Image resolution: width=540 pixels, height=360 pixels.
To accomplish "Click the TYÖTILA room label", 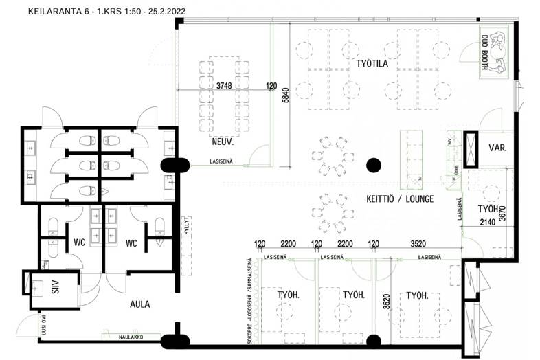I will (x=373, y=64).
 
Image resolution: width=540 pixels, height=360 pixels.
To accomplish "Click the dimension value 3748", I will (x=224, y=87).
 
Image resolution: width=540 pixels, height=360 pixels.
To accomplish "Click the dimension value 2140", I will (x=487, y=221).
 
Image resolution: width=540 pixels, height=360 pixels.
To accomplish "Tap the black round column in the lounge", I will (x=373, y=164).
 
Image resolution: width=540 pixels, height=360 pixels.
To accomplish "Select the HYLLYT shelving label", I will (x=185, y=226).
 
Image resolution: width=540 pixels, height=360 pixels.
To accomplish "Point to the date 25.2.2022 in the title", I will (x=164, y=12).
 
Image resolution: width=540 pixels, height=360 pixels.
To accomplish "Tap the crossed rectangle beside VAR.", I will (x=471, y=149).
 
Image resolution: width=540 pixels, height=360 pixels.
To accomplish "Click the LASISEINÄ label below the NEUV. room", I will (x=224, y=162).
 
